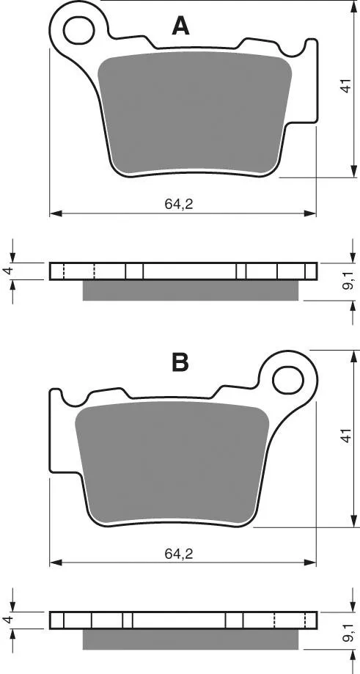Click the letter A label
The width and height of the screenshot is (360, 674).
click(180, 26)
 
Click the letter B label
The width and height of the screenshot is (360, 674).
click(180, 362)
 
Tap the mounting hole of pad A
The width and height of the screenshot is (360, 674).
click(78, 30)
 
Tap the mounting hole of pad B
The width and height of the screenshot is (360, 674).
click(288, 380)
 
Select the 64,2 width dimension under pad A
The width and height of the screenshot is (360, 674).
click(179, 204)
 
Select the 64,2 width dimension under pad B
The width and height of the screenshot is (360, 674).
click(179, 554)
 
